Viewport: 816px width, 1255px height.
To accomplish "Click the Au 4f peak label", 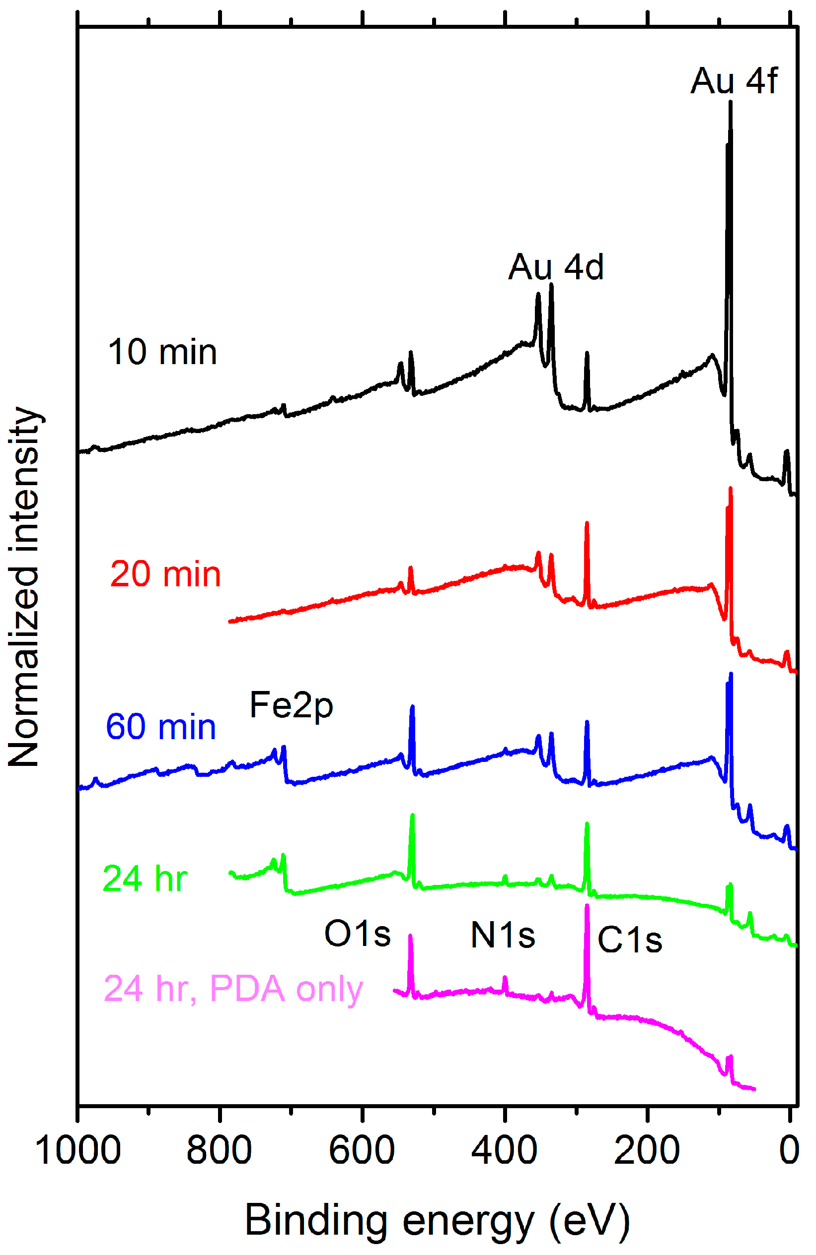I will [733, 81].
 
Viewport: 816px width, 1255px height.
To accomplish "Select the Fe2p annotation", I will [291, 705].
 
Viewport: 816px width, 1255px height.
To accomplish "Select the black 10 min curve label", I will [162, 352].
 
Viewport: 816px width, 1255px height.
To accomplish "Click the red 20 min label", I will [165, 574].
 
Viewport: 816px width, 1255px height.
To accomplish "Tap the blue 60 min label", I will [161, 727].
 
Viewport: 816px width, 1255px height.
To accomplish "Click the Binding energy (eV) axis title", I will [437, 1221].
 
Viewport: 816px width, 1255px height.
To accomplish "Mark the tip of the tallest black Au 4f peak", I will [730, 102].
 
